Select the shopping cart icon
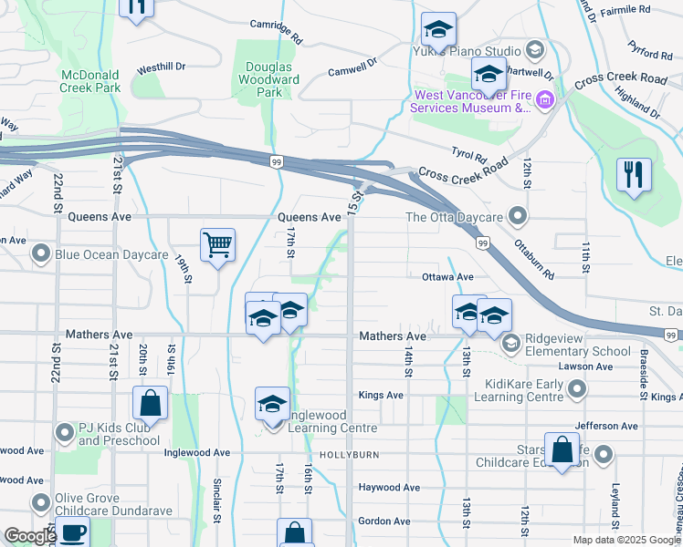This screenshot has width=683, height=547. [x=217, y=245]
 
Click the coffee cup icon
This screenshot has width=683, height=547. [x=72, y=532]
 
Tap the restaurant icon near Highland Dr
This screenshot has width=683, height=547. [x=634, y=173]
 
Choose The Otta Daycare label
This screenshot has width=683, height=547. [x=454, y=217]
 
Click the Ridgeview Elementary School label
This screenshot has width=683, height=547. [x=573, y=351]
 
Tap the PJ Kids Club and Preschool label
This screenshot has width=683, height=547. [x=119, y=435]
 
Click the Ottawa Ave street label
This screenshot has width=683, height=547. [x=447, y=276]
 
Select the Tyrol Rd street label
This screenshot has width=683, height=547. [x=468, y=156]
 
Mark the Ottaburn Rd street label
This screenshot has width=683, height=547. [x=533, y=258]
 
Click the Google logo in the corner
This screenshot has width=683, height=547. [x=29, y=536]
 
